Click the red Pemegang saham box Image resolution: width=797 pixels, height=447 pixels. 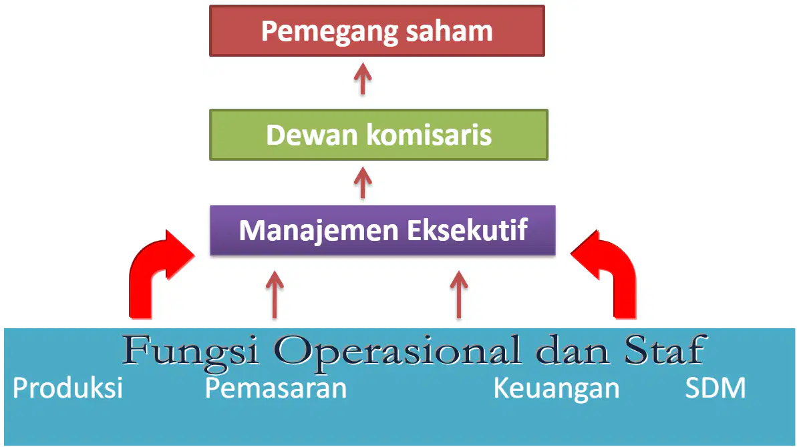[377, 31]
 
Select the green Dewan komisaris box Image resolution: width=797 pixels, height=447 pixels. [379, 135]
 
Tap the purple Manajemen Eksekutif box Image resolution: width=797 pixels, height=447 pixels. [383, 230]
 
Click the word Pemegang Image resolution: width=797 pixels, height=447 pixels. [323, 32]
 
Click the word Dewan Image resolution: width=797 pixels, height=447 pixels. [312, 135]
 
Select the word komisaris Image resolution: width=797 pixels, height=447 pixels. [429, 135]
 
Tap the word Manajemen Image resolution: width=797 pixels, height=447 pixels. [319, 231]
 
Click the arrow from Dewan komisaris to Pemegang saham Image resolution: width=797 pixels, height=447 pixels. [363, 79]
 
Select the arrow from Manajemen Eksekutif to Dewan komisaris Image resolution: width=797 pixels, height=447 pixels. [363, 183]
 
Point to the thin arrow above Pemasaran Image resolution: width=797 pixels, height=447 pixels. [275, 295]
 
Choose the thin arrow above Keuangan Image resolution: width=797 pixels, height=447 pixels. [459, 295]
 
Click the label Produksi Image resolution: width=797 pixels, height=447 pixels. [67, 388]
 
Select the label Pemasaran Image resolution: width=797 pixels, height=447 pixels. [275, 388]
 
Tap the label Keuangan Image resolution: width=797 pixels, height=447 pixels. [556, 389]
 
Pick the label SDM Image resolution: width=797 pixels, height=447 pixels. [715, 388]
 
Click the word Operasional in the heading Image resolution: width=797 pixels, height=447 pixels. [397, 351]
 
